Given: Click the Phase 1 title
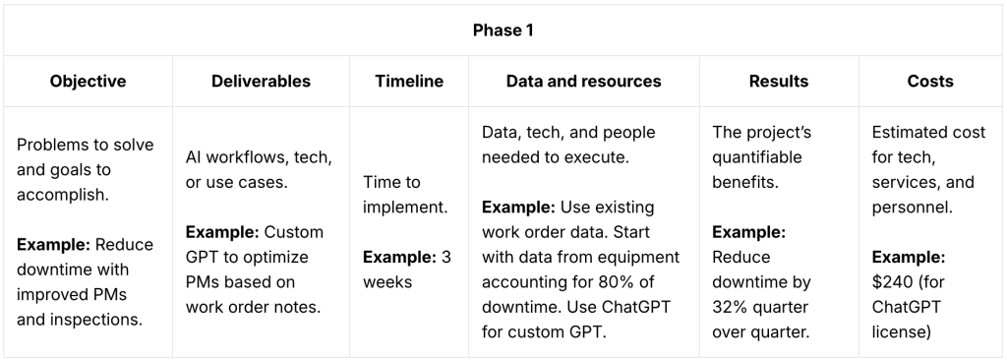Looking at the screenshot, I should pos(503,30).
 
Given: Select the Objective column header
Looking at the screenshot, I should pos(89,82).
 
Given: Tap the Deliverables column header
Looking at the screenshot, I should pos(261,82).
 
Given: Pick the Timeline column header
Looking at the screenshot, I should pos(409,82).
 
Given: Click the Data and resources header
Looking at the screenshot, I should pos(583,82).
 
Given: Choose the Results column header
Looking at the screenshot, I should pos(779,82).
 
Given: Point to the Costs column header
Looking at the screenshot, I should pos(930,82).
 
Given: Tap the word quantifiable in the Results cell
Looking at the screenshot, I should pos(757,157).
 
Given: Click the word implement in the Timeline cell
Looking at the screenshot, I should pos(404,207).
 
